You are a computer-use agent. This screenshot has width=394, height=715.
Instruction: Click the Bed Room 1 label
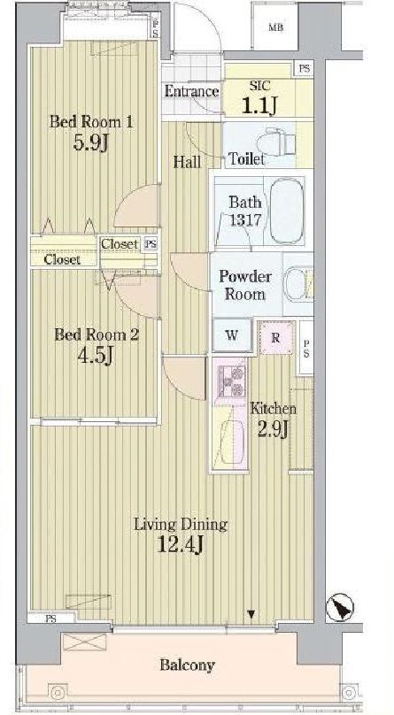coord(91,122)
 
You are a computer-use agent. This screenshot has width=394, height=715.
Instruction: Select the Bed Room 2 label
coord(97,335)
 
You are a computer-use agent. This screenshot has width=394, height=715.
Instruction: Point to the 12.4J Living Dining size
coord(179,545)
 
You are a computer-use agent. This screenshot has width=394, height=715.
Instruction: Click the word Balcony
coord(187,665)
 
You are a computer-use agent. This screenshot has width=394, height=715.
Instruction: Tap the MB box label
coord(275,27)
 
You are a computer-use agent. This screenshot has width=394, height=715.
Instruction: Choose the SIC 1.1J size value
coord(259,105)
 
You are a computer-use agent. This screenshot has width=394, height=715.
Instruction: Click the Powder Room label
coord(245,285)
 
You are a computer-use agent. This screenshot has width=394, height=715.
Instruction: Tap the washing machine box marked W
coord(232,335)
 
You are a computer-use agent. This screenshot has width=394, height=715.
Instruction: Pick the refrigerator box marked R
coord(275,338)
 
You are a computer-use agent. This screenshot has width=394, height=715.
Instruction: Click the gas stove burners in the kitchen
coord(233,381)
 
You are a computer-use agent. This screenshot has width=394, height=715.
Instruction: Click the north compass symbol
coord(340,608)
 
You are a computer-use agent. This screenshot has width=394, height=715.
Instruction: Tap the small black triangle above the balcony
coord(251,614)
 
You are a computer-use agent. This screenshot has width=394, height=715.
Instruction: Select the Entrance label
coord(191,91)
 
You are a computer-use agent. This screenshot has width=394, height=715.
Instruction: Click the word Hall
coord(187,161)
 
